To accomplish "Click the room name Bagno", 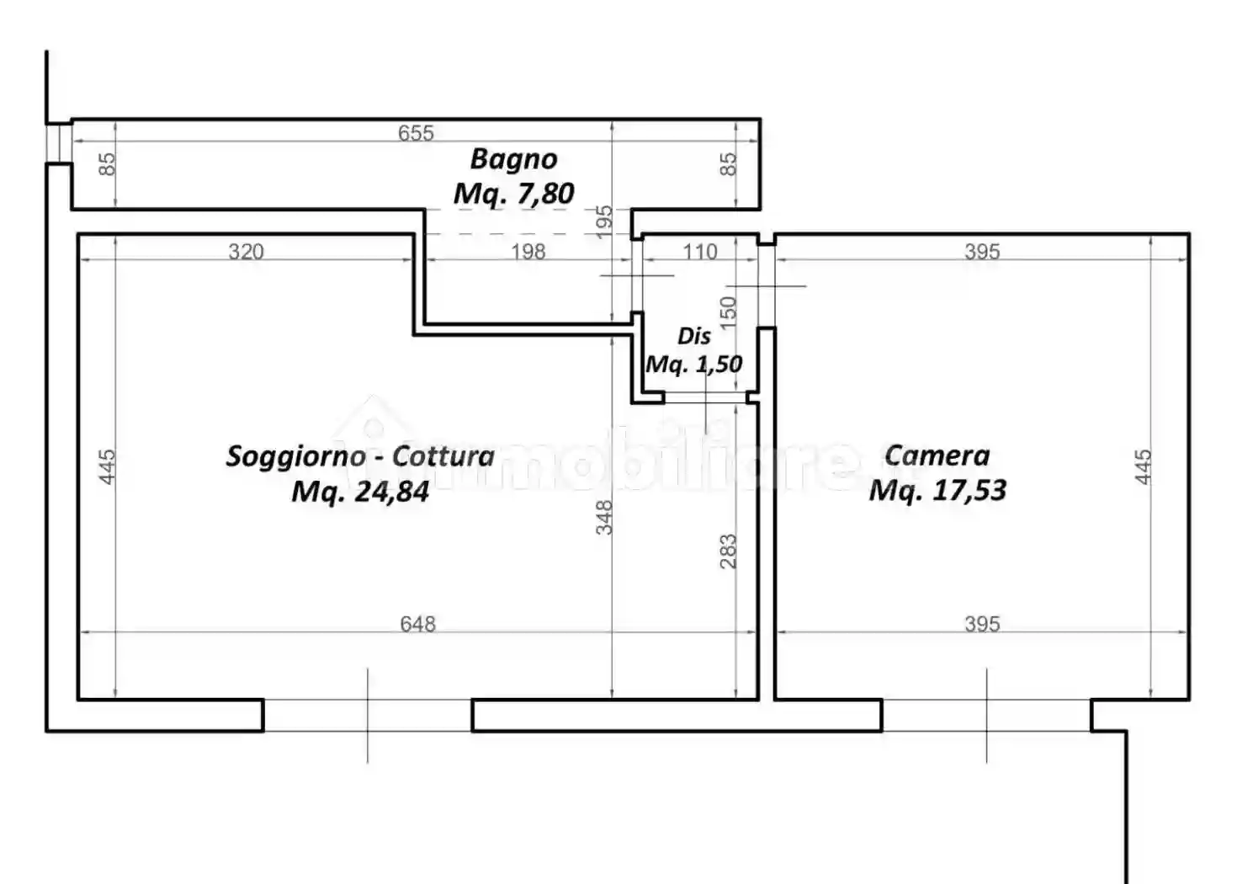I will click(x=513, y=158).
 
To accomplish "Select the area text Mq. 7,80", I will click(x=513, y=194).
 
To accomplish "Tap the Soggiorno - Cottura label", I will click(x=360, y=455).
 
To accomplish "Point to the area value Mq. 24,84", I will click(x=360, y=491).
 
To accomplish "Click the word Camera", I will click(x=937, y=455).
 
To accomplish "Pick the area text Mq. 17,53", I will click(x=937, y=490).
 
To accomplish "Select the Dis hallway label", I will click(x=694, y=336).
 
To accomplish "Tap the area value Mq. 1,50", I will click(x=694, y=364).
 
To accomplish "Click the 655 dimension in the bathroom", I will click(x=416, y=133).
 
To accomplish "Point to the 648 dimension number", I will click(x=417, y=623).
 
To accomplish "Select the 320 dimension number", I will click(x=246, y=251).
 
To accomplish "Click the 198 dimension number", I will click(x=528, y=251).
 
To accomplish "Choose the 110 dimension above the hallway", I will click(x=699, y=251).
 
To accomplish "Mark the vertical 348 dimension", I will click(x=604, y=517).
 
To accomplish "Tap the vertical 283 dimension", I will click(x=728, y=551).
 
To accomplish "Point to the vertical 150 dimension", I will click(x=728, y=310).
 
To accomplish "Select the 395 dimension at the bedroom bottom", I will click(x=982, y=623).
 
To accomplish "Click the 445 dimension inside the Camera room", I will click(x=1143, y=466).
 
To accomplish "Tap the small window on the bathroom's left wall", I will click(x=58, y=141).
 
